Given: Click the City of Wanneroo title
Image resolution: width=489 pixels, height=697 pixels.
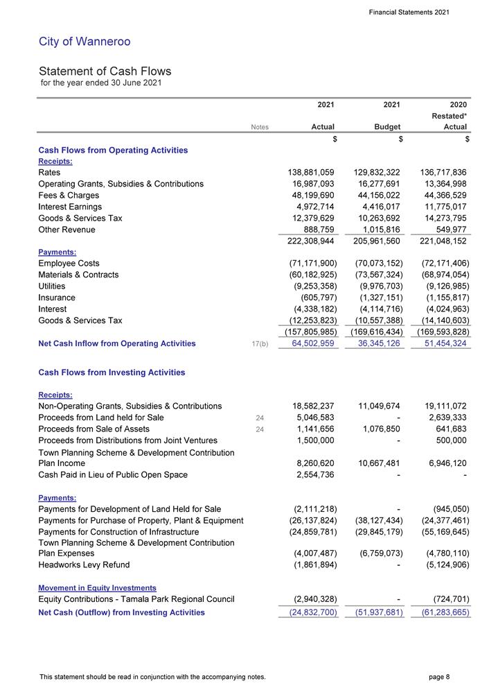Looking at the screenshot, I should (85, 42).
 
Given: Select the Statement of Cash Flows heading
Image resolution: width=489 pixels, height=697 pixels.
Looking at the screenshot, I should (105, 71).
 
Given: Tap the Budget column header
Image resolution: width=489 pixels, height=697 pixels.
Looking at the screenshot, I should (387, 127).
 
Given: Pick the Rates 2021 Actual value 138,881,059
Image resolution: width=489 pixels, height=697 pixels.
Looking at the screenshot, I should (305, 172).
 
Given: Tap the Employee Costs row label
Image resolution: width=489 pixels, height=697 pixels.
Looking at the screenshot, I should (69, 264).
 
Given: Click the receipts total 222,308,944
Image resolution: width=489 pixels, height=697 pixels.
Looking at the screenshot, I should (305, 241).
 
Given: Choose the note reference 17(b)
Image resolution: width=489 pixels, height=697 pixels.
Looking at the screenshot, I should (260, 343).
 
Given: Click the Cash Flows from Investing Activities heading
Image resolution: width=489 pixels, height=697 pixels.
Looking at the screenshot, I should (112, 372).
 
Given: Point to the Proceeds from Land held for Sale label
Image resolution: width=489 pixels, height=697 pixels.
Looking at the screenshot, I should (101, 418).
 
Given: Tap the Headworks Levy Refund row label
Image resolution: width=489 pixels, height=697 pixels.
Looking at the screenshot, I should (84, 565).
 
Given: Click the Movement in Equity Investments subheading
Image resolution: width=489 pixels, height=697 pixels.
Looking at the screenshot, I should (97, 588).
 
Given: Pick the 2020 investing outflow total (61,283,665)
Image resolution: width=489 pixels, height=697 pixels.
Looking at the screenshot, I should (441, 612).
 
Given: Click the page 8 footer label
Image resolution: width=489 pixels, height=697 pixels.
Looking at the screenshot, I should (439, 676).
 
